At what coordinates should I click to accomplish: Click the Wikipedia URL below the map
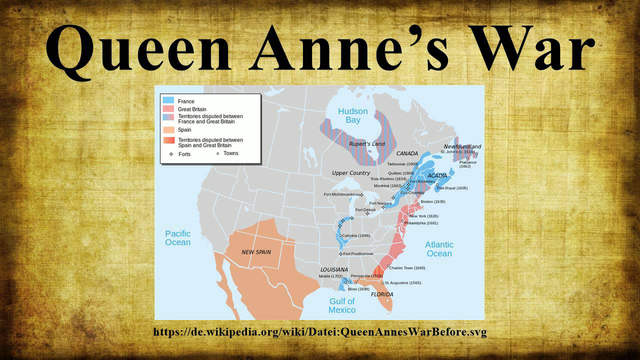click(320, 331)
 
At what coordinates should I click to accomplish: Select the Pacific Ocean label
click(177, 236)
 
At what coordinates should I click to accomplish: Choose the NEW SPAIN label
click(259, 252)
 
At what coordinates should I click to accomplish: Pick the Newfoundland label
click(462, 146)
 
